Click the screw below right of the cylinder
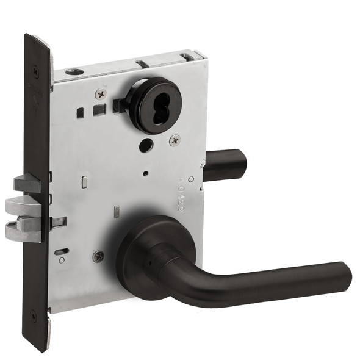click(175, 140)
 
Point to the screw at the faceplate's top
click(35, 71)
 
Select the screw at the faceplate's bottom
click(34, 317)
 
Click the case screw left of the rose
click(98, 257)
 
